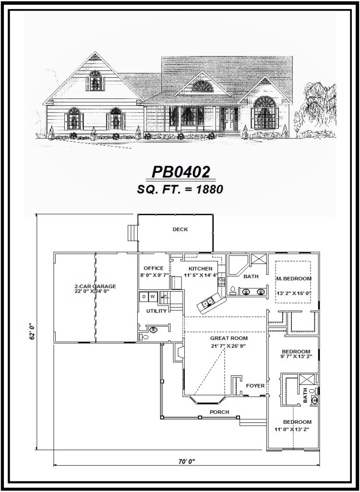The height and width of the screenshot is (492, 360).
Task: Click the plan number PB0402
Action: pos(181,172)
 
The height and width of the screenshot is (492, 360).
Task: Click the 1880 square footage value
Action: pos(209,189)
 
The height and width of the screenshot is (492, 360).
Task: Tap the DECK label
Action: pos(180,230)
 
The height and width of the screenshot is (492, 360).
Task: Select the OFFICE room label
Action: pos(154,269)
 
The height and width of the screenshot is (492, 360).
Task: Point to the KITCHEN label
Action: pos(200,269)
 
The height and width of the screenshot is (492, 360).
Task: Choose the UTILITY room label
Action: pos(156,311)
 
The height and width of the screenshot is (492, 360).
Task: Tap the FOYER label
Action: pos(254,385)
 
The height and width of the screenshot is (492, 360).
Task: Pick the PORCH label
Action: pos(219,412)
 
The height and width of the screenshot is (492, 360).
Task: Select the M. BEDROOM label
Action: pos(294,279)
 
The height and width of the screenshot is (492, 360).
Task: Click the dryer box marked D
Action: pos(144,297)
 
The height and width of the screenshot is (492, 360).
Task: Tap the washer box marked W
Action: pos(153,297)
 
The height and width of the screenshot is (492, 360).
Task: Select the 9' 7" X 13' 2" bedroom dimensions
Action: pos(296,357)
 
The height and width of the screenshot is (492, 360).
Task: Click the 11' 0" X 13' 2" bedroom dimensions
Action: pos(292,429)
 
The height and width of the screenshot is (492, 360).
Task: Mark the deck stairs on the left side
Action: pos(132,233)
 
